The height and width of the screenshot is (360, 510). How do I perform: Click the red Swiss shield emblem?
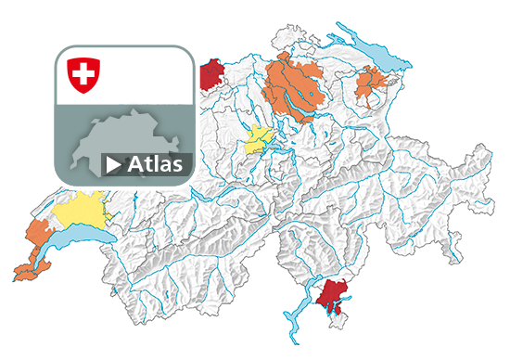pyautogui.click(x=83, y=74)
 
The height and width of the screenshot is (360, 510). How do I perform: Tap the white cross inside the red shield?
pyautogui.click(x=83, y=72)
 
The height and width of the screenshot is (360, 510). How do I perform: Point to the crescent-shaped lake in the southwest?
pyautogui.click(x=74, y=238)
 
